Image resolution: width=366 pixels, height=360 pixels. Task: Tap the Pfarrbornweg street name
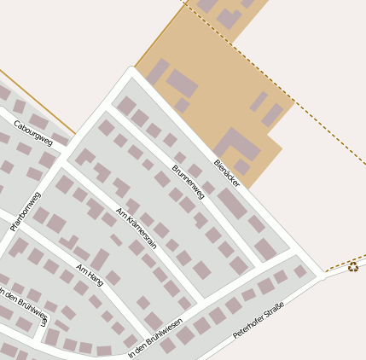click(26, 212)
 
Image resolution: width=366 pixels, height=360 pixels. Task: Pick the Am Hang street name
click(90, 274)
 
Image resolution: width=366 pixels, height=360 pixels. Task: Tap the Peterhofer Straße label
click(259, 324)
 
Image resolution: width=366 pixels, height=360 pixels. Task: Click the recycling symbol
click(353, 267)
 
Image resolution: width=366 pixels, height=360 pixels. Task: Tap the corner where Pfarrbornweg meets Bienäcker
click(131, 73)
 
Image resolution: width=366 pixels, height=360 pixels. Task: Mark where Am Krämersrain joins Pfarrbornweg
click(66, 163)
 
